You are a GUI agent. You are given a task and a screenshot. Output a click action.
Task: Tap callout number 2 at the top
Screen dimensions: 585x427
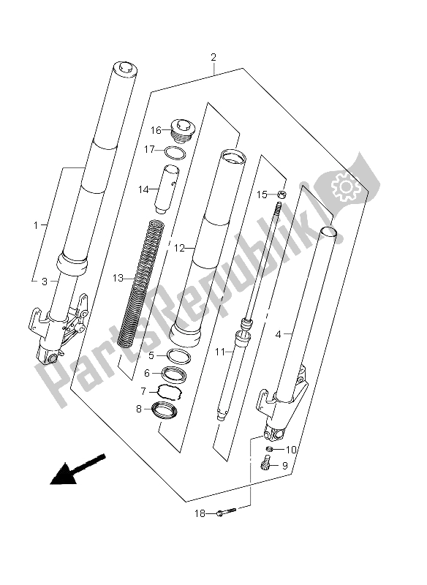coord(212,57)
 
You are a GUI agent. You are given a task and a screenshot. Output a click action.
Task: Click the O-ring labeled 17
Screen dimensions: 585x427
coord(173,153)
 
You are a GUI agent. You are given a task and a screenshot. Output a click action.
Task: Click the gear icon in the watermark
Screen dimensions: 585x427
coord(343,189)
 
